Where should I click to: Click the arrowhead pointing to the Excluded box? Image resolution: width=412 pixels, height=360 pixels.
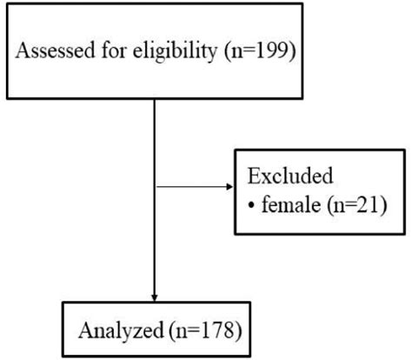229,186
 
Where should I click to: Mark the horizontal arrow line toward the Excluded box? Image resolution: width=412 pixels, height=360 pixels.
191,186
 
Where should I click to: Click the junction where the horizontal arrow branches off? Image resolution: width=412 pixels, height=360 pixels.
154,186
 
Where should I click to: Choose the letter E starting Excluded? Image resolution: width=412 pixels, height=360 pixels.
254,177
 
